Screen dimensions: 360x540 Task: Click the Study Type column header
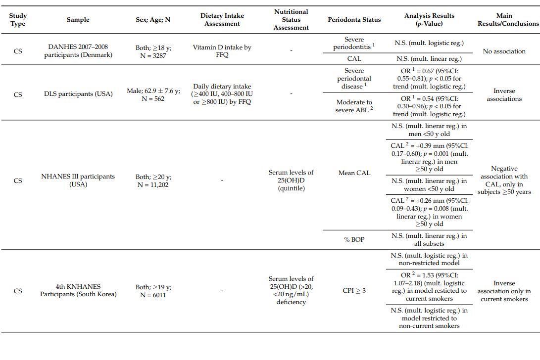18,20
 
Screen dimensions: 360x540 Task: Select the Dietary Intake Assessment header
222,20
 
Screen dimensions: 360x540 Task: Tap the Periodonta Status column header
354,20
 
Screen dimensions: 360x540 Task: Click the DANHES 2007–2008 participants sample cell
78,51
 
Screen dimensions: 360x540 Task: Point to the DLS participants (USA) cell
78,94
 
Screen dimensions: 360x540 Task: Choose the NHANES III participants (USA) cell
78,180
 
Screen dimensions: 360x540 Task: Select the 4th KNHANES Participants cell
78,290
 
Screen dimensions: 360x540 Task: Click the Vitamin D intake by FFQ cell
222,51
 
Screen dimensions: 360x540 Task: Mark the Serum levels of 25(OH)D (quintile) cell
291,180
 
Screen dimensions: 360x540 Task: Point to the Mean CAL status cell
354,173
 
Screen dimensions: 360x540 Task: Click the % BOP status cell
354,240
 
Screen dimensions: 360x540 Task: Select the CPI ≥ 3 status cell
354,291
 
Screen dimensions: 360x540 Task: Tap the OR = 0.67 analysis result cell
429,79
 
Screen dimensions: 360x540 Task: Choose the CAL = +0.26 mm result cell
429,212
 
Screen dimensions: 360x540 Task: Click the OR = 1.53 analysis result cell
429,287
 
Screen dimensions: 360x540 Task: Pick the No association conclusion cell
504,51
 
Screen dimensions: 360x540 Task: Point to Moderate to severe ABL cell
354,106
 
